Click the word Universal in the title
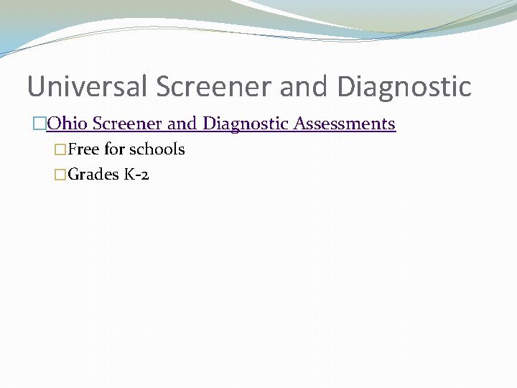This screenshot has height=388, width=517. click(88, 86)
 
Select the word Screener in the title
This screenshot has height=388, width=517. click(214, 86)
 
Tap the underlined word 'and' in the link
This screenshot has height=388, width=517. click(182, 124)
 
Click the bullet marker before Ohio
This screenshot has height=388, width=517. click(39, 124)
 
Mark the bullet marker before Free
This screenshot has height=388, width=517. click(60, 150)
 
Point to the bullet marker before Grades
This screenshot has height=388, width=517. click(60, 175)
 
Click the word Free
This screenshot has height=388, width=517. click(84, 149)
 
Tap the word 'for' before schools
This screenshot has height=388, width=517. click(115, 149)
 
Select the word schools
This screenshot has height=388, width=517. click(157, 149)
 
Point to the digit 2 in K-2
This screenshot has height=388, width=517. click(145, 175)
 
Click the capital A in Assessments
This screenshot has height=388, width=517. click(299, 124)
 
